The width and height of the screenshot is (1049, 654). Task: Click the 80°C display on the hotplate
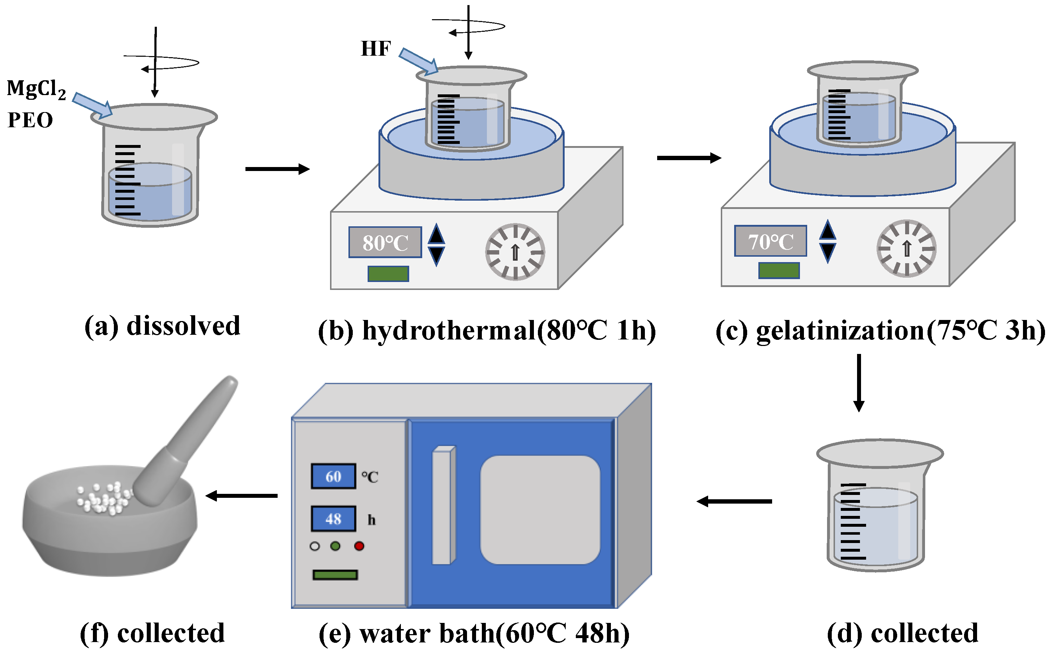[x=385, y=242]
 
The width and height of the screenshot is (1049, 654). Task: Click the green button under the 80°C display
[x=388, y=273]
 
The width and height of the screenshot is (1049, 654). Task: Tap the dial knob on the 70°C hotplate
[x=906, y=248]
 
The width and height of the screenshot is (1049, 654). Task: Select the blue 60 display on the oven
[x=333, y=476]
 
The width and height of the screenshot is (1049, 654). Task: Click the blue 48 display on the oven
[x=333, y=519]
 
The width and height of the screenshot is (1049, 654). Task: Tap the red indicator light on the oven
[x=359, y=546]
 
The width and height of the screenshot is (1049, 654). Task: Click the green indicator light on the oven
[x=335, y=546]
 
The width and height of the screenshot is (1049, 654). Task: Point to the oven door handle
[x=443, y=505]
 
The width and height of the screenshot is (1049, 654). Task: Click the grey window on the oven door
[x=540, y=509]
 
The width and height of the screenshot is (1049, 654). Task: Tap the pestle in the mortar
[x=186, y=441]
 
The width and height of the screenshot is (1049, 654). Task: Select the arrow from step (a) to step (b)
[x=277, y=169]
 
